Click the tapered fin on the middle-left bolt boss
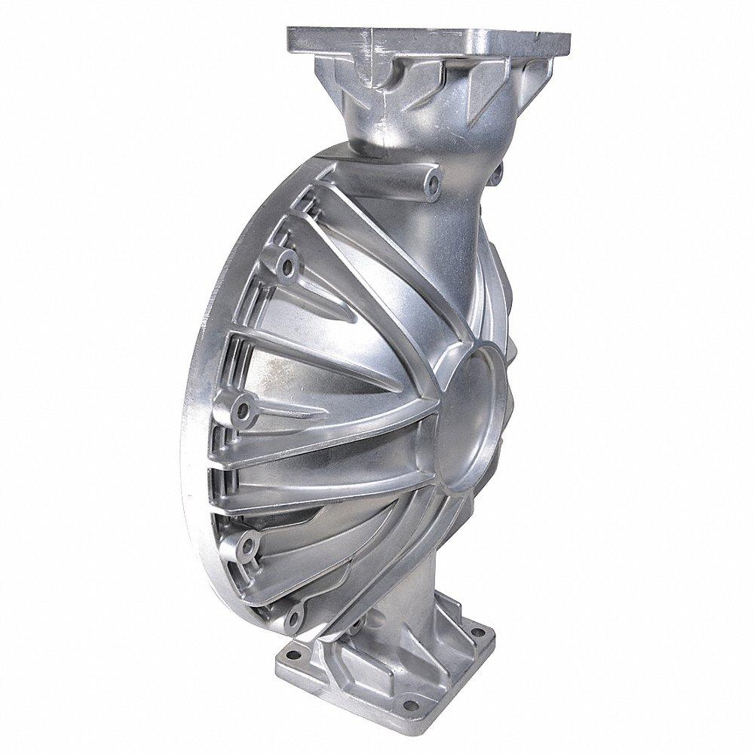click(x=294, y=411)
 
